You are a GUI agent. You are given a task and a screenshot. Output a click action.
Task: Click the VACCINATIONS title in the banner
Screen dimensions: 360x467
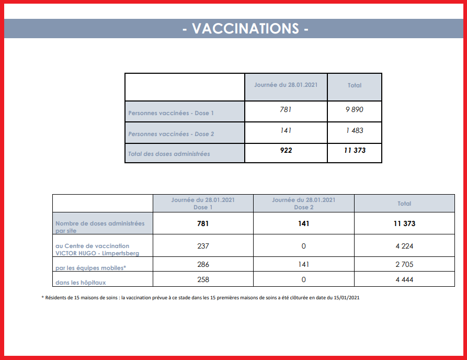pyautogui.click(x=245, y=29)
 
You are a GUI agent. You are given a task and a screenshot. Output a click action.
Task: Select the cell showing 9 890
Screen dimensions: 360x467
pyautogui.click(x=354, y=110)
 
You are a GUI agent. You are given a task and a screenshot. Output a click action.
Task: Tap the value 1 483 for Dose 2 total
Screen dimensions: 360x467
pyautogui.click(x=354, y=130)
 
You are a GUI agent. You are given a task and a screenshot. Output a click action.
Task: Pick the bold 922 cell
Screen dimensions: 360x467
pyautogui.click(x=286, y=151)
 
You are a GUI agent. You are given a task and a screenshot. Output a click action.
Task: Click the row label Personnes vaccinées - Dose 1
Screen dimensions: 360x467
pyautogui.click(x=171, y=113)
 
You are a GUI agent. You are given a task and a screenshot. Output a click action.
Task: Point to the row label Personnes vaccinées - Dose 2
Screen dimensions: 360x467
pyautogui.click(x=171, y=134)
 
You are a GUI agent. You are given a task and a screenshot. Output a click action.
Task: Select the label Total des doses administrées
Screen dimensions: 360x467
pyautogui.click(x=169, y=154)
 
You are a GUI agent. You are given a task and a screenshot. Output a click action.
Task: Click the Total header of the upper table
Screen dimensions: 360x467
pyautogui.click(x=355, y=85)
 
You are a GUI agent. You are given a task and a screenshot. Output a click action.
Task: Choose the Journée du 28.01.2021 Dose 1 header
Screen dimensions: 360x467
pyautogui.click(x=203, y=204)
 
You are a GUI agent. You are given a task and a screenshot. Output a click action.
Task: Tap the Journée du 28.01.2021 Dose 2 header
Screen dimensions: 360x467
pyautogui.click(x=304, y=204)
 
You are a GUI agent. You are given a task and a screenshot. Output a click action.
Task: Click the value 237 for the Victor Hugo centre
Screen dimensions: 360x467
pyautogui.click(x=203, y=246)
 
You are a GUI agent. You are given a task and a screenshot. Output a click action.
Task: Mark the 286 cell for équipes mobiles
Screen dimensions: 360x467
pyautogui.click(x=203, y=265)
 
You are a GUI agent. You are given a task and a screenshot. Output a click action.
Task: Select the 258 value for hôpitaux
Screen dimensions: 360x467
pyautogui.click(x=203, y=279)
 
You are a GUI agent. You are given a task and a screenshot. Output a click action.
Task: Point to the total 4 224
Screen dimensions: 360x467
pyautogui.click(x=404, y=246)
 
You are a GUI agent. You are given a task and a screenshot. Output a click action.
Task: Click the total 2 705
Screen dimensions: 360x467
pyautogui.click(x=404, y=265)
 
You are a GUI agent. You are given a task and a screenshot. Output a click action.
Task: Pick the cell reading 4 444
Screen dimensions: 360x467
pyautogui.click(x=404, y=279)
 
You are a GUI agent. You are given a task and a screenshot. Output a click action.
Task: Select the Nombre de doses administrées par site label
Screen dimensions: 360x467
pyautogui.click(x=100, y=227)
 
